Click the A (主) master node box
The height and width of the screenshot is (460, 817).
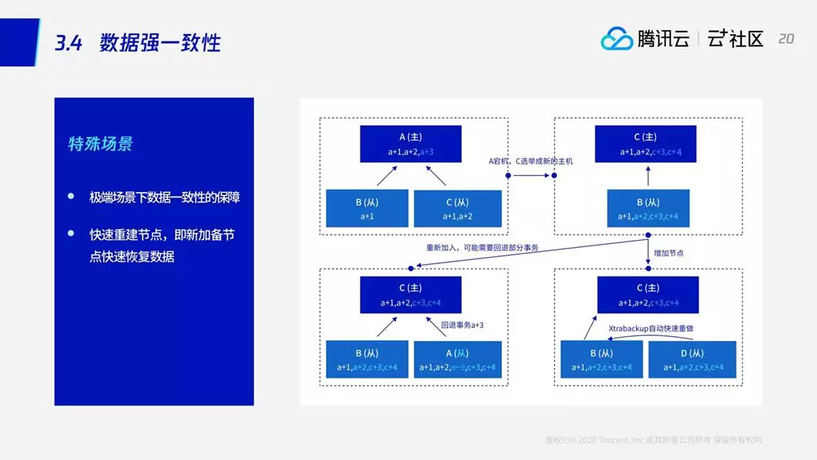click(410, 144)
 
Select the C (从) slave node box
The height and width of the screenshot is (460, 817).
click(457, 208)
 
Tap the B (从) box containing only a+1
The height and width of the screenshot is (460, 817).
click(367, 208)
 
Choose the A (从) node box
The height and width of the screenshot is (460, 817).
click(457, 359)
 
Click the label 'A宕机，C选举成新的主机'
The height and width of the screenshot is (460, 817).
click(531, 160)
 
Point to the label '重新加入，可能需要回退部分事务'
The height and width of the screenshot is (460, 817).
click(481, 248)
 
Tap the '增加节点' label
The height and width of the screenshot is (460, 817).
click(669, 253)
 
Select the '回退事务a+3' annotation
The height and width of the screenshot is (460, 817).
click(462, 325)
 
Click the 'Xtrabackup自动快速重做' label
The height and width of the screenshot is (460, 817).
click(651, 328)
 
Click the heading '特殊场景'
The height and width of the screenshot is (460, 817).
click(101, 144)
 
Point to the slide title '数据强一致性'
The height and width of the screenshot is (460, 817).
click(160, 43)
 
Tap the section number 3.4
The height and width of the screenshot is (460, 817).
click(68, 43)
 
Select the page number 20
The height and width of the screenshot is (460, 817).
click(785, 39)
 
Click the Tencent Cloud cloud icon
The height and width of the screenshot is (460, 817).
click(617, 39)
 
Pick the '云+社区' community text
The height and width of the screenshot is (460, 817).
click(735, 39)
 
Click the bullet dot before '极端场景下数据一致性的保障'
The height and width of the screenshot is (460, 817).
click(72, 197)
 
